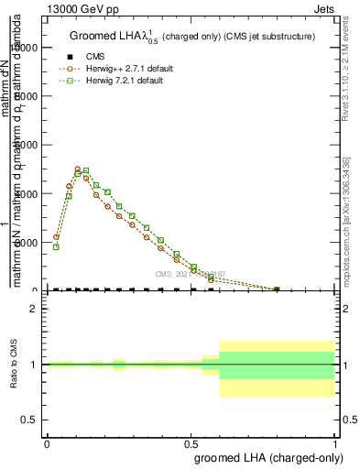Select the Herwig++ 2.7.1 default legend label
coord(125,68)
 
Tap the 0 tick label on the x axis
coord(47,442)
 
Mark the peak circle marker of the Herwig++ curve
coord(78,169)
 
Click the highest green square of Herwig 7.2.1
coord(86,171)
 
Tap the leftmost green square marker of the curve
coord(56,246)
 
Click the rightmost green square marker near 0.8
coord(277,289)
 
